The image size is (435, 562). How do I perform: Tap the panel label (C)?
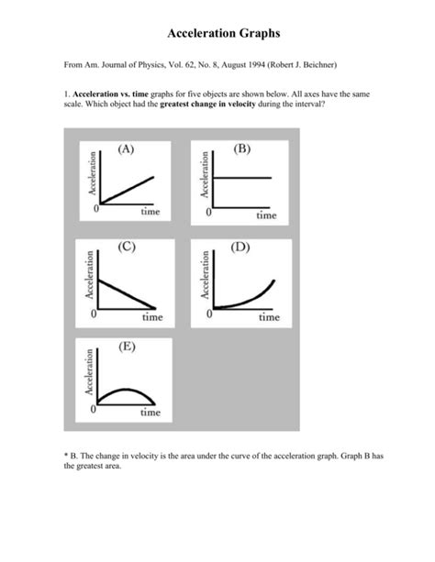[128, 247]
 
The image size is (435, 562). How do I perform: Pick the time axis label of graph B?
[265, 216]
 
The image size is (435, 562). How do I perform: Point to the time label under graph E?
[151, 413]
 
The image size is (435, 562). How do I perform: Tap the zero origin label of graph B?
[208, 213]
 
